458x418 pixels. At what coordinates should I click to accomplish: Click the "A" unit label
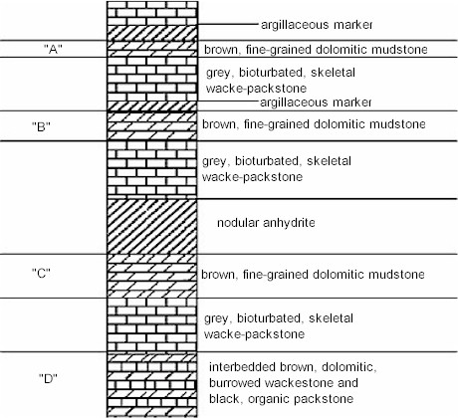coord(53,49)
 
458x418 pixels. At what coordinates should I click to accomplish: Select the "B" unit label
coord(41,126)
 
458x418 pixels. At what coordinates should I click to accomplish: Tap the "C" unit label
coord(41,273)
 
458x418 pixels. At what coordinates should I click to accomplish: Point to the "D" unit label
coord(48,378)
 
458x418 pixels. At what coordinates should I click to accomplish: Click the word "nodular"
coord(238,222)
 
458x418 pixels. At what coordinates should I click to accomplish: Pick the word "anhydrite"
coord(289,222)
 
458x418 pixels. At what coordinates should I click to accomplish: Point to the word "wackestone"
coord(300,383)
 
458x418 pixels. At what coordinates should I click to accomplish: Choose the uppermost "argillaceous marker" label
coord(317,25)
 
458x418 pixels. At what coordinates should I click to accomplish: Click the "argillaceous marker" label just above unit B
coord(316,103)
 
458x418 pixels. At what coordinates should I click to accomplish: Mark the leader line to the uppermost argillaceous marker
coord(228,24)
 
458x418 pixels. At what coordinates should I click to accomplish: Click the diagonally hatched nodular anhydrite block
coord(152,227)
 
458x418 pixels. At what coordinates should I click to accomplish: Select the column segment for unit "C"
coord(152,276)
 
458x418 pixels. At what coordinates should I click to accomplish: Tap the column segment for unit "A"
coord(152,49)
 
